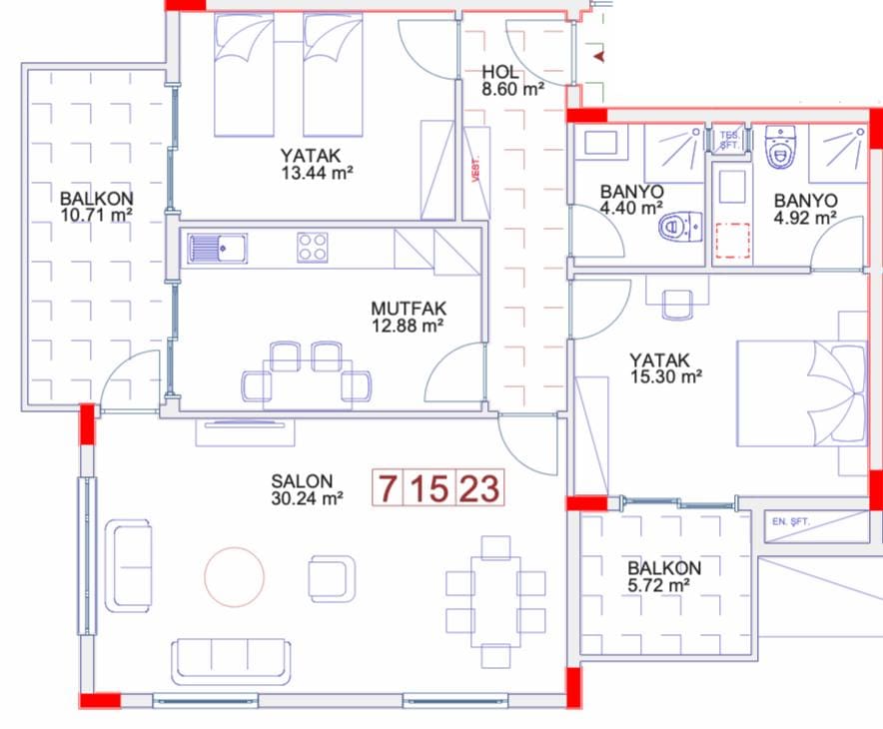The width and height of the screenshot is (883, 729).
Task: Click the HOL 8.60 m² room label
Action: click(x=512, y=81)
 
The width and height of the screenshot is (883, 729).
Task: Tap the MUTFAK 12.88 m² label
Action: click(x=409, y=317)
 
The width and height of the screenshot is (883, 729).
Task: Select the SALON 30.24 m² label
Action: click(x=307, y=489)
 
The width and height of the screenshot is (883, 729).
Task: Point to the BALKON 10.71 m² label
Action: click(x=96, y=207)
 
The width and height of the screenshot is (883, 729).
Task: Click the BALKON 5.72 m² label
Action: click(x=664, y=576)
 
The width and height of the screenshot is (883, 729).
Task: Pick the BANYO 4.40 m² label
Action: click(x=631, y=200)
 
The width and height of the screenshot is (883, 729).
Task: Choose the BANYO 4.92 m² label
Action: click(x=805, y=209)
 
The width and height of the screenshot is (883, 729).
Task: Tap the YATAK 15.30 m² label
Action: click(x=665, y=368)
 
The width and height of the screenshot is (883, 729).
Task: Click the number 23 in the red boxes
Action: click(x=479, y=487)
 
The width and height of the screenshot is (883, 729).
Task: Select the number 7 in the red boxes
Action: click(x=387, y=487)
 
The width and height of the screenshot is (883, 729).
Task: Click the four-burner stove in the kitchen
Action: click(x=313, y=248)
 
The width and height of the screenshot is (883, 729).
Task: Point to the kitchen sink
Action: click(x=217, y=249)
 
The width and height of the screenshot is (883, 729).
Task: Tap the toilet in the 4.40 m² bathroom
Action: click(x=681, y=227)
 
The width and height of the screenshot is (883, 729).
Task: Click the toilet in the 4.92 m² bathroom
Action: click(x=780, y=148)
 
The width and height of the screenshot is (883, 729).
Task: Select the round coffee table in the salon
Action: click(x=235, y=577)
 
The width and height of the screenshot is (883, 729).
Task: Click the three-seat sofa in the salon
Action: click(x=231, y=662)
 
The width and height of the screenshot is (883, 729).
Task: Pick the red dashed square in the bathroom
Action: click(x=732, y=241)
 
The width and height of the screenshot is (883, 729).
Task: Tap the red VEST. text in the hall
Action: click(x=475, y=169)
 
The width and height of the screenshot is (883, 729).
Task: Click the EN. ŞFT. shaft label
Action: click(x=791, y=522)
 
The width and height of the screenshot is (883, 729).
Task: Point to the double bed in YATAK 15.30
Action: click(x=802, y=393)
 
